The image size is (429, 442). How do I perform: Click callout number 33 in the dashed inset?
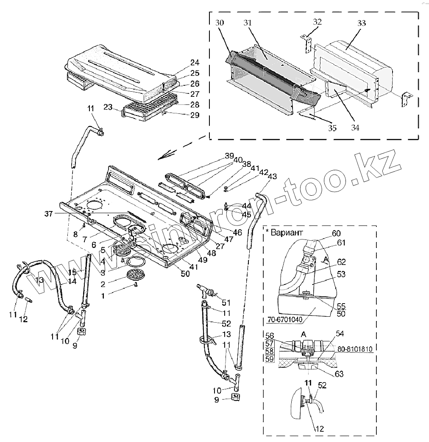pos(361,23)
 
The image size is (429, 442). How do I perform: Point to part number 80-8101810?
pos(355,349)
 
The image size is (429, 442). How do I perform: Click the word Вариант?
pos(285,233)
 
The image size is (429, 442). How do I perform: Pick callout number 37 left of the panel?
pos(49,214)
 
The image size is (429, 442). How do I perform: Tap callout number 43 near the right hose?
pos(272,176)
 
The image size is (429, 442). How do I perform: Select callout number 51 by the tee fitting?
pos(226,303)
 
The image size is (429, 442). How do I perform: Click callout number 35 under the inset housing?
pos(332,128)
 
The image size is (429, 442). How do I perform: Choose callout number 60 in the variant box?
pos(336,233)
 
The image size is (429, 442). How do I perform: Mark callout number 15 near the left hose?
pos(72,272)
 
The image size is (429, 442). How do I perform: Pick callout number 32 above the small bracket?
pos(317,22)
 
